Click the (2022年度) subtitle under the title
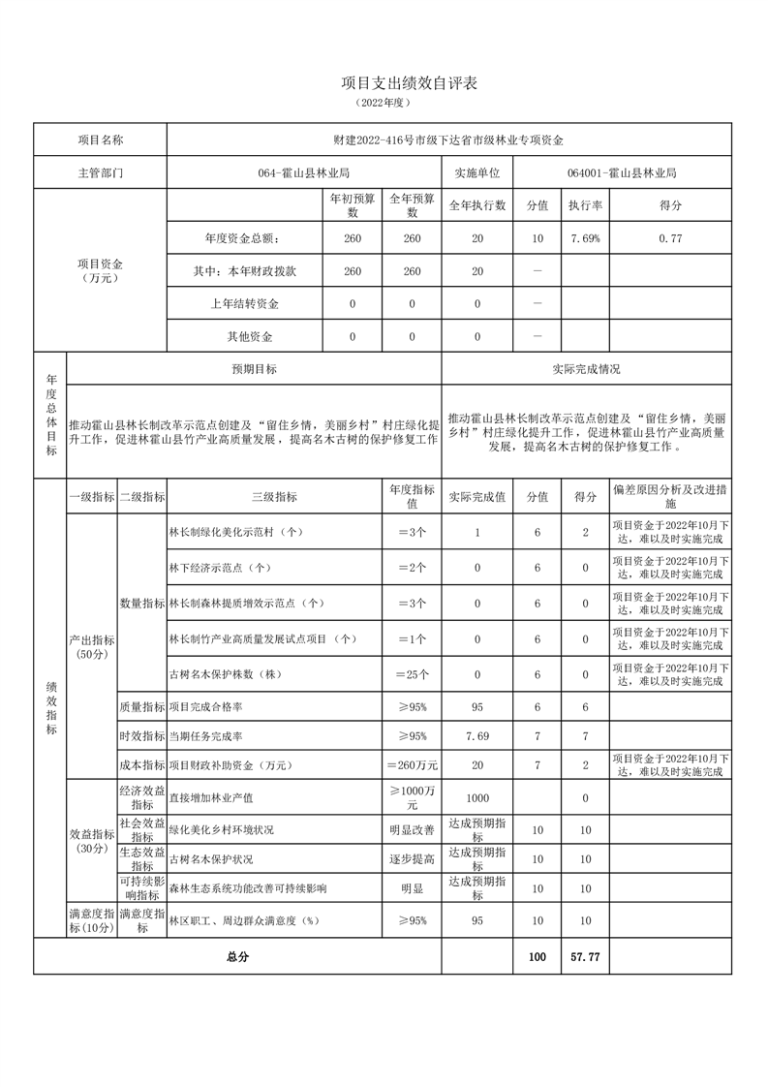tap(384, 103)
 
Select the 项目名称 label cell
tap(101, 140)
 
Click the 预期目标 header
tap(254, 369)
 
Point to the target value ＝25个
tap(412, 674)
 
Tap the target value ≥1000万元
tap(412, 797)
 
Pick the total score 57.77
tap(585, 956)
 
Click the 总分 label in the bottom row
tap(237, 956)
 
